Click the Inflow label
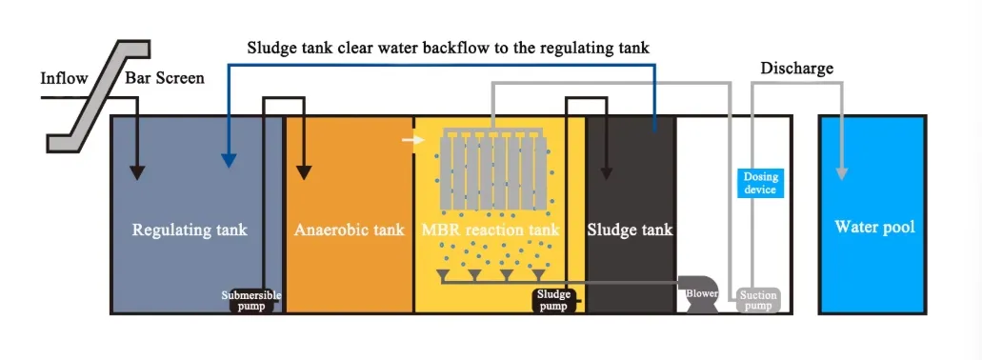64,77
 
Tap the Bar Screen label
165,77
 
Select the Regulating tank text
190,230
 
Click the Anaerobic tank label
350,230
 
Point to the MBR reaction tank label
490,230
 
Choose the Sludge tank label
630,230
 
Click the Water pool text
874,227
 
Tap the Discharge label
796,69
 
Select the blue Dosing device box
761,183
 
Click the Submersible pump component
251,300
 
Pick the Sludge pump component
553,300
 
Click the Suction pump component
758,300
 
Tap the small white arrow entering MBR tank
411,141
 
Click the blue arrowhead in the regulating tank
227,160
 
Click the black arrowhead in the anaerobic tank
304,172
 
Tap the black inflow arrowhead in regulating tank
137,172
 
